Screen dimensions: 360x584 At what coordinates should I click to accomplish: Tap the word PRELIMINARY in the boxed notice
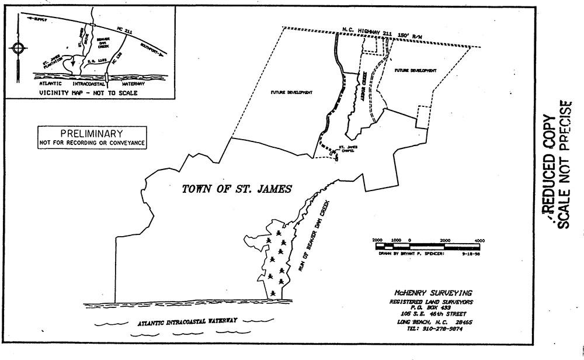93,134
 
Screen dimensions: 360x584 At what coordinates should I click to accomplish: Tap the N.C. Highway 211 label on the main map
369,32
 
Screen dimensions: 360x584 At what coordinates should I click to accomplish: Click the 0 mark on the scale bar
409,240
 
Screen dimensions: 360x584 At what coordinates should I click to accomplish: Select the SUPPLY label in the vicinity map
39,19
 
